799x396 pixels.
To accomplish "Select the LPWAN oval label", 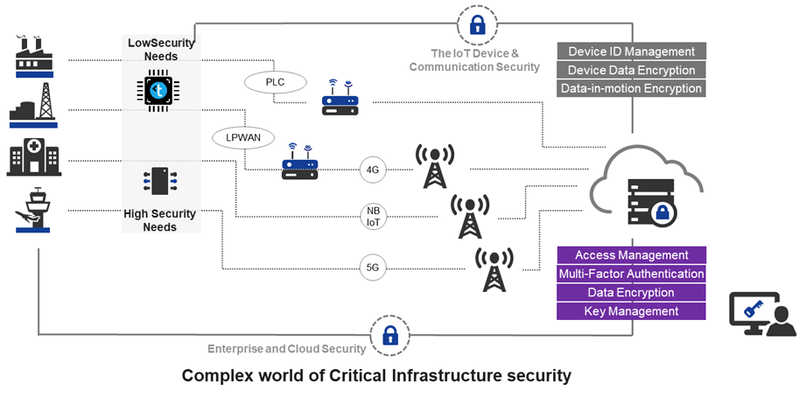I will point(242,137).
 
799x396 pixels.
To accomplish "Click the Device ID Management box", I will point(631,52).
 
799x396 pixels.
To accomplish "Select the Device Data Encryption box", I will point(631,70).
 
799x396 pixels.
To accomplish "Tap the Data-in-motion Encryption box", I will point(631,88).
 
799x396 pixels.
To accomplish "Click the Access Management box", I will point(631,255).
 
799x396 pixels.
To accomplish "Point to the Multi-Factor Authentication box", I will point(631,274).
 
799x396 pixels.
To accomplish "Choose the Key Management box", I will point(631,311).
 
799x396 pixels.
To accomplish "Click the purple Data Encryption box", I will point(631,293).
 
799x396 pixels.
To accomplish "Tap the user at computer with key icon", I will point(761,315).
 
